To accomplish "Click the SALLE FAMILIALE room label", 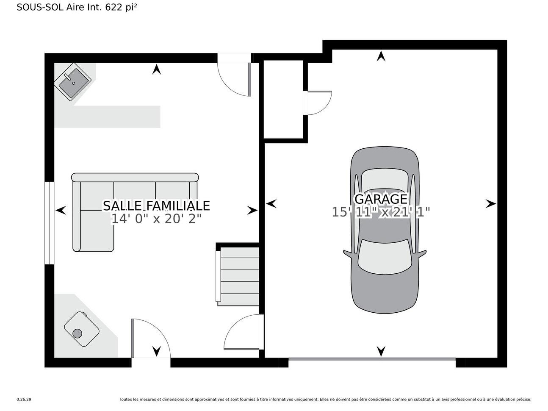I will [156, 205].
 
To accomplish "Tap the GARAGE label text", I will [380, 199].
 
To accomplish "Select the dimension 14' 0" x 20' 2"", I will [156, 219].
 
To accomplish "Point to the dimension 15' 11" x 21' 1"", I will [380, 212].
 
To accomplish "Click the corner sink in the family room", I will [73, 81].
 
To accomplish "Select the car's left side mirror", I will [347, 254].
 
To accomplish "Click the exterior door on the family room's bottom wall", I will [150, 339].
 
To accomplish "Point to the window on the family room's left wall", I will [50, 223].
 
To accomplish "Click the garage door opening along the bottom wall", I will [372, 359].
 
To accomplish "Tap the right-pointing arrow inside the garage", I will [490, 204].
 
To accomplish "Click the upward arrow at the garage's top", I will [381, 56].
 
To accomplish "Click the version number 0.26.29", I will [24, 399].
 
